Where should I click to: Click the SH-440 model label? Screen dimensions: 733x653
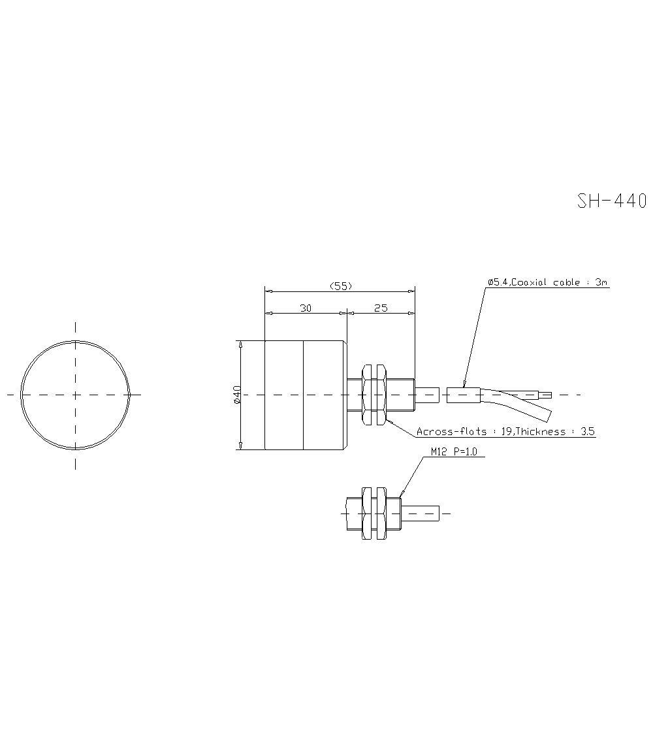pos(611,201)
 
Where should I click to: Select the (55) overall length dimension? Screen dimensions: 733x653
pos(340,285)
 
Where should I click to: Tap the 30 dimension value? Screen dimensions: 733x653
pos(305,308)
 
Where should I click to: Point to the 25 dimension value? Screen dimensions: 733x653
pos(381,308)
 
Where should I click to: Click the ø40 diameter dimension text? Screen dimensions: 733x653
pos(237,395)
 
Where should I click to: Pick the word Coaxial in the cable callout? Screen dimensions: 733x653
pos(531,282)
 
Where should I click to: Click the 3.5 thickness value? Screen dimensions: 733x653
pos(587,432)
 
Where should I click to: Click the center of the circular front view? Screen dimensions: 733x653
pos(75,395)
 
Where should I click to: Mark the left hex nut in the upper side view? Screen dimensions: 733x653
pos(366,395)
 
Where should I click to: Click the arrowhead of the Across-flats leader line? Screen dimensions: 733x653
pos(389,421)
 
